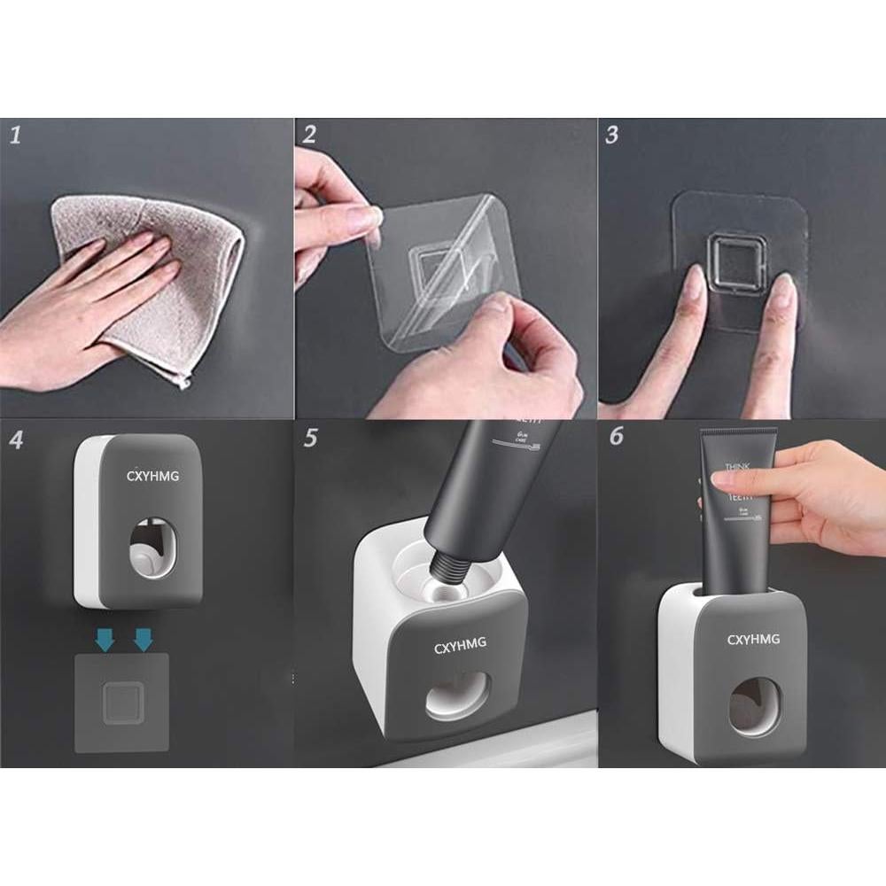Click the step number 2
click(x=309, y=135)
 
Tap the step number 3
click(x=612, y=135)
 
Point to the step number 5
click(x=310, y=439)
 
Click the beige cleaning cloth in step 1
click(x=177, y=284)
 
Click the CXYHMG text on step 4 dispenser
click(x=152, y=477)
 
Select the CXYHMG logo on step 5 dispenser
click(x=461, y=647)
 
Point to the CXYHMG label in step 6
click(x=754, y=640)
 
